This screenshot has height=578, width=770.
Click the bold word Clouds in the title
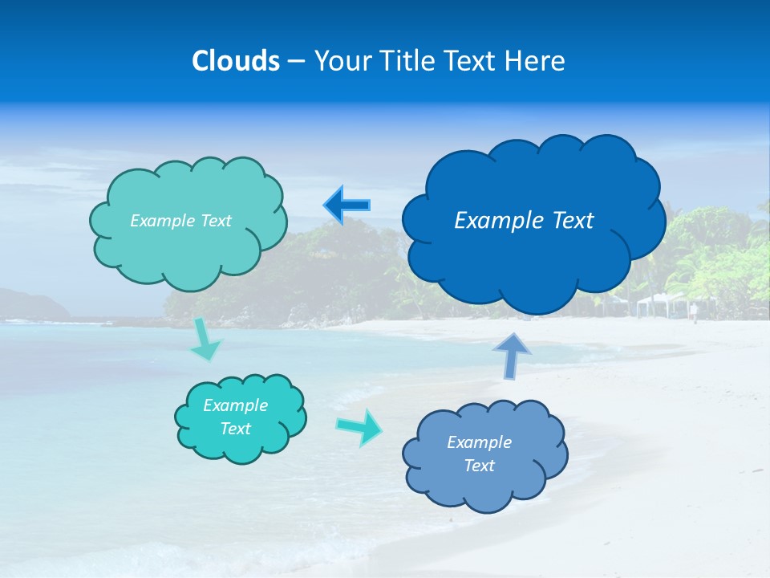click(235, 61)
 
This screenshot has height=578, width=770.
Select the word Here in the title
click(537, 61)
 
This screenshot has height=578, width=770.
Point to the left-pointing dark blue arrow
click(346, 206)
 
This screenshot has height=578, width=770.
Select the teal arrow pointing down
click(205, 339)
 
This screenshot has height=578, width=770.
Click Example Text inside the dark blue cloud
click(524, 220)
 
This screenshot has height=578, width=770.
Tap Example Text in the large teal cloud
click(180, 221)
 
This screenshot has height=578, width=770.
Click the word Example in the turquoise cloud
click(235, 405)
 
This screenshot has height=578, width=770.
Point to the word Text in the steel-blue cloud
click(479, 466)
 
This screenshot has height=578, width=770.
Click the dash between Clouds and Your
click(295, 61)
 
